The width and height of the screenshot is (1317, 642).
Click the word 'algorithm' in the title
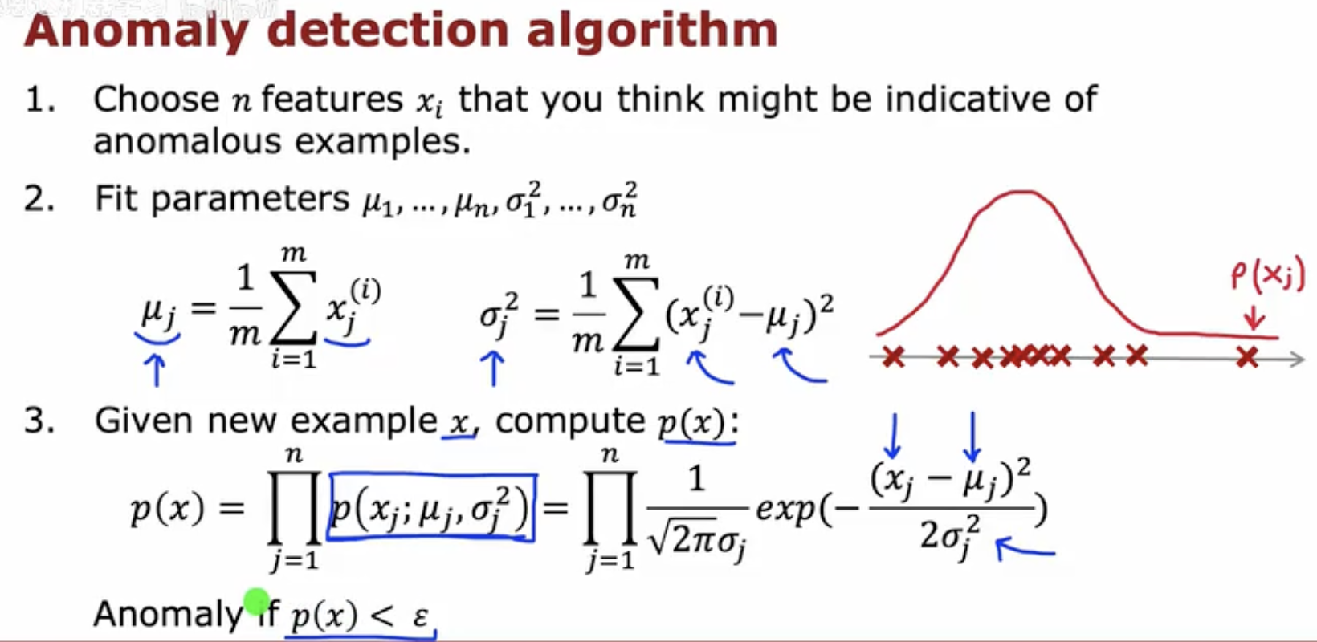point(653,32)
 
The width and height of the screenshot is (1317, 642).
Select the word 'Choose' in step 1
point(157,99)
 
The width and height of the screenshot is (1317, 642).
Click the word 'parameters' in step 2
point(251,201)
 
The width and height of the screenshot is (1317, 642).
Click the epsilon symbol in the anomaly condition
point(421,616)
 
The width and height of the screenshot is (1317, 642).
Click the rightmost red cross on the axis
point(1247,356)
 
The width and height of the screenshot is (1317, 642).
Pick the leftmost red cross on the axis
point(894,356)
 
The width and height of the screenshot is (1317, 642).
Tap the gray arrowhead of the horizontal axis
point(1296,358)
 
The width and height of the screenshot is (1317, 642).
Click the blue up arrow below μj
point(157,370)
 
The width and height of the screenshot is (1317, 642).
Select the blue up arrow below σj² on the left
point(493,368)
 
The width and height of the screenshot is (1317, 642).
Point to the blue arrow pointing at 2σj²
point(1026,549)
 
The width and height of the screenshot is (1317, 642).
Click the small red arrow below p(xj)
point(1254,318)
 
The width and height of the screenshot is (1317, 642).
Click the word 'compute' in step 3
point(569,421)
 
